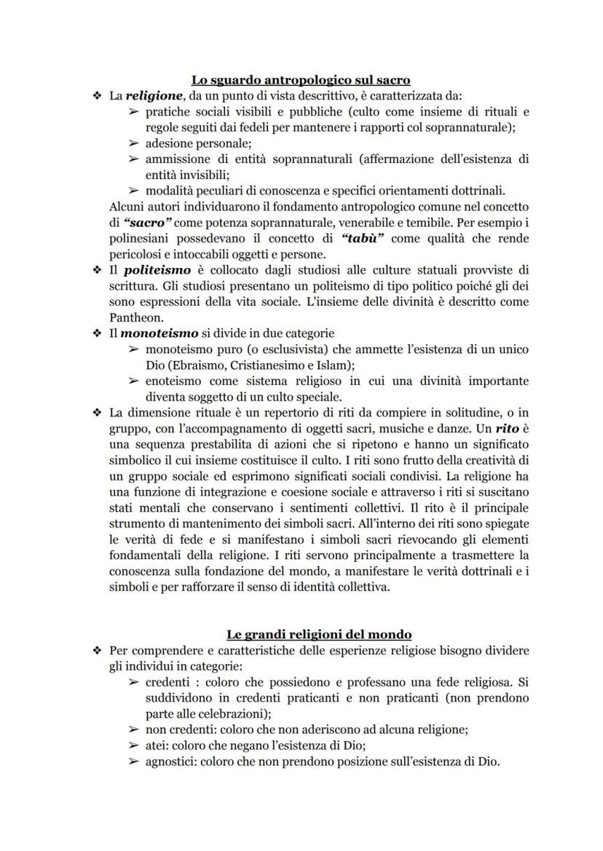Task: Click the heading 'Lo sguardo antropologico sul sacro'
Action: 301,80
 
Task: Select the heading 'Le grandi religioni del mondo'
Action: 301,634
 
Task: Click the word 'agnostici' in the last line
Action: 170,762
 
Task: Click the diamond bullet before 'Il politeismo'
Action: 95,270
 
